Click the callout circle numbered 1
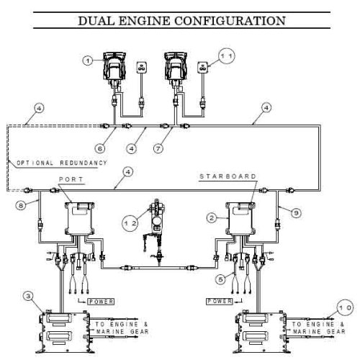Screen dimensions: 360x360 click(x=88, y=60)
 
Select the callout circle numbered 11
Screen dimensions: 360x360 click(x=227, y=56)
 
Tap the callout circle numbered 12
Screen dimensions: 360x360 click(x=130, y=223)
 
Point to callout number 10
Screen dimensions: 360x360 click(x=345, y=307)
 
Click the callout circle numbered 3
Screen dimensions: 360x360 click(x=29, y=296)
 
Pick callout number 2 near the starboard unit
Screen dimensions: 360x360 click(x=212, y=218)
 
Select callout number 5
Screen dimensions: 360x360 click(x=220, y=279)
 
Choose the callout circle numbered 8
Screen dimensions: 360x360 click(x=21, y=206)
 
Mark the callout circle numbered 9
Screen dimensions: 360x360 click(x=296, y=213)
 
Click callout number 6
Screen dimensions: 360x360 click(x=100, y=149)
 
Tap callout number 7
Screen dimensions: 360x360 click(x=158, y=149)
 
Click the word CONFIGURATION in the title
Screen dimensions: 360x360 click(x=230, y=21)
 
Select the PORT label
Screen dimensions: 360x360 click(x=71, y=179)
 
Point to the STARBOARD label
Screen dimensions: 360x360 click(x=228, y=176)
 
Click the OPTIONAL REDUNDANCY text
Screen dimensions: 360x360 click(x=62, y=163)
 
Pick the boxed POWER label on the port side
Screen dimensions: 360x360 click(x=101, y=302)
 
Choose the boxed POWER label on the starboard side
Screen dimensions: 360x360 click(x=220, y=301)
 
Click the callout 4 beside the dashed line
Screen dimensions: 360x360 click(x=39, y=108)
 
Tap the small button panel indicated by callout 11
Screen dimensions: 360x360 click(x=202, y=67)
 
